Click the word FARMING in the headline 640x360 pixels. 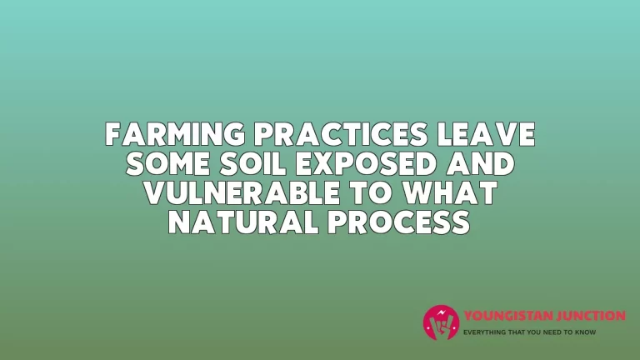175,134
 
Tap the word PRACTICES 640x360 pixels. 341,134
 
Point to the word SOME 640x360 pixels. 168,163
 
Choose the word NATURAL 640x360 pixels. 243,222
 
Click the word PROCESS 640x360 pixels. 399,222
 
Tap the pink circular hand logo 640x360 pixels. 441,322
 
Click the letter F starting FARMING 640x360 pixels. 113,134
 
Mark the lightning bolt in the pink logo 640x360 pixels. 441,313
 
